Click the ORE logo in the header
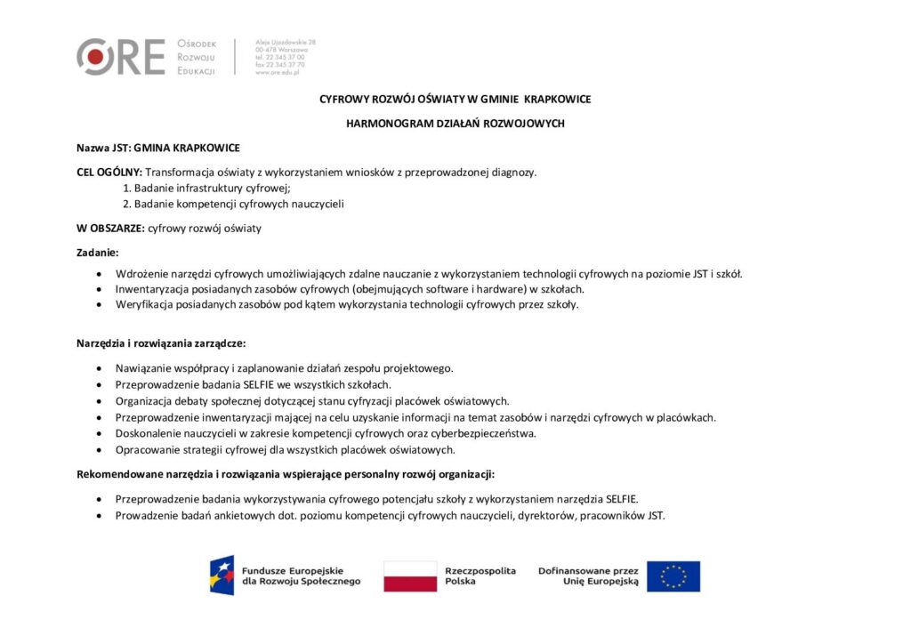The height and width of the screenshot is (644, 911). point(120,57)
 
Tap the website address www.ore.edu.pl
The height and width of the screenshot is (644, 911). point(279,73)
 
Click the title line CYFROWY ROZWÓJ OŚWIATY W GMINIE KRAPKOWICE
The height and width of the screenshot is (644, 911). point(455,99)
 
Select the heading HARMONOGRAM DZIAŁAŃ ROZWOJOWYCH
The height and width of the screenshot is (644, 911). point(455,124)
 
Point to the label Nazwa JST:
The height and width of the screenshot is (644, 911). point(103,148)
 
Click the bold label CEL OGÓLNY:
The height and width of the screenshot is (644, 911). point(109,172)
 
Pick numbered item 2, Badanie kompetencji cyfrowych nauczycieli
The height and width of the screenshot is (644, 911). point(233,204)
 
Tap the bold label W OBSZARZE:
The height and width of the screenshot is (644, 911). point(110,229)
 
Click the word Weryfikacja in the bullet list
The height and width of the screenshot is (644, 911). point(142,305)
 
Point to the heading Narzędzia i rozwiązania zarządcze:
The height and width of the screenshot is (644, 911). point(161,343)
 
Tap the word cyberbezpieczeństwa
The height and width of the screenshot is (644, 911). point(486,433)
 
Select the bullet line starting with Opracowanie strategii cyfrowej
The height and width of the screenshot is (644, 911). point(285,449)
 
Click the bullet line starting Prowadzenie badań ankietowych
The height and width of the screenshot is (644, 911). point(390,515)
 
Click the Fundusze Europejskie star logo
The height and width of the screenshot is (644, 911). point(222,576)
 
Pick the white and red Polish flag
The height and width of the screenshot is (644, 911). point(410,576)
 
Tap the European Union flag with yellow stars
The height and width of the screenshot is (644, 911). point(673,576)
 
